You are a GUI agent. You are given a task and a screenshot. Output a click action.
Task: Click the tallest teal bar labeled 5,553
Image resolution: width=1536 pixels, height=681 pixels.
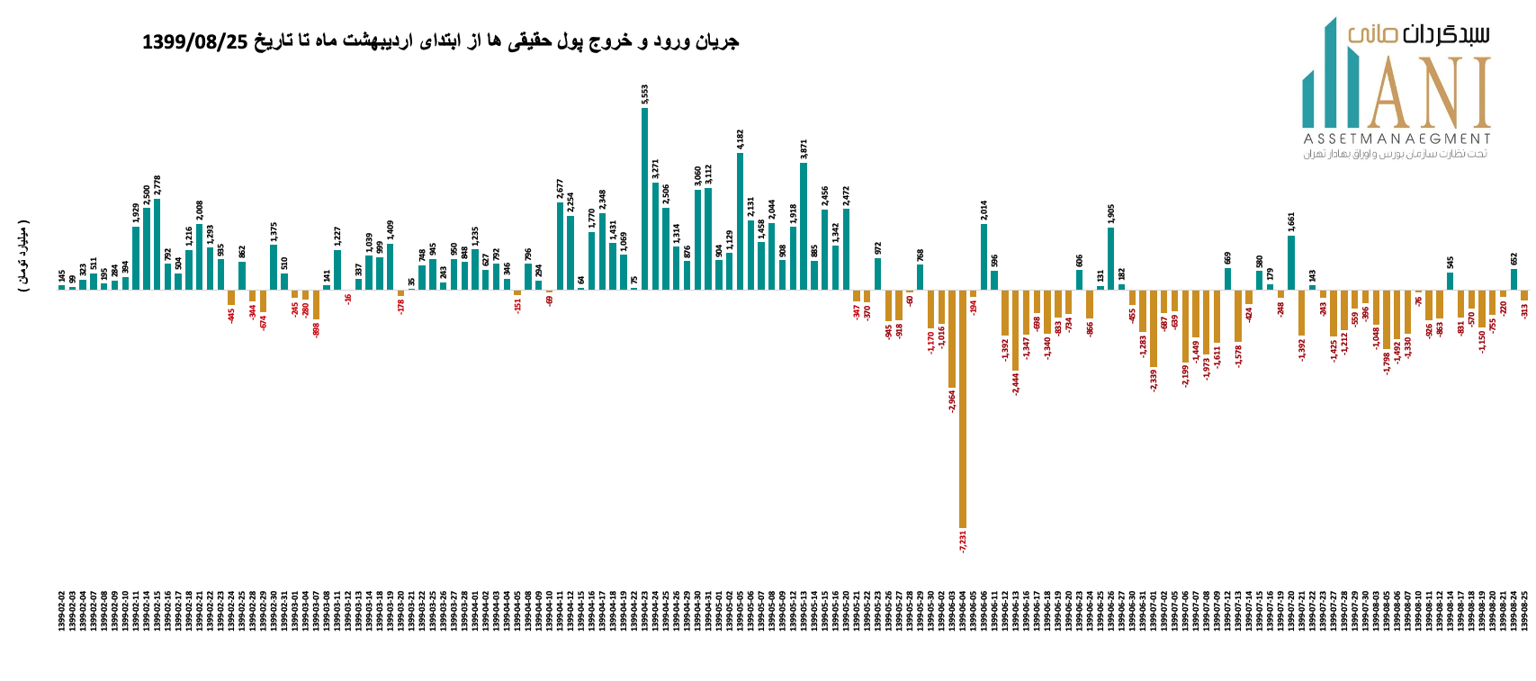tap(644, 198)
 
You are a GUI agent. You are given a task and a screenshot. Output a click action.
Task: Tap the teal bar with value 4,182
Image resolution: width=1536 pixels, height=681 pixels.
tap(740, 221)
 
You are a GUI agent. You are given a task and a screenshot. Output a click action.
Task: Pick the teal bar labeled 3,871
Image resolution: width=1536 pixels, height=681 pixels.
tap(804, 226)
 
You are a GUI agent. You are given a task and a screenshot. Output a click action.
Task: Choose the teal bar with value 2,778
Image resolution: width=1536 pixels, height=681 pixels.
tap(157, 244)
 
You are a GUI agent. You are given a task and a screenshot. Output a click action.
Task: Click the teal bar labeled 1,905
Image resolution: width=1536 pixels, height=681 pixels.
tap(1111, 258)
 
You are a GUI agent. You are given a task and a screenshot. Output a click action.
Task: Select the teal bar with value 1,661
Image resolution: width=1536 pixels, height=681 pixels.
tap(1291, 262)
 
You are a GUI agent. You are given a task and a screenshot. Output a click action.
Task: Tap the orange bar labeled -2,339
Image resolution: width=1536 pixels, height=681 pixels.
tap(1154, 328)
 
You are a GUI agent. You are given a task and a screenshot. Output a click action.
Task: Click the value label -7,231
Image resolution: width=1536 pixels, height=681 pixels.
tap(963, 542)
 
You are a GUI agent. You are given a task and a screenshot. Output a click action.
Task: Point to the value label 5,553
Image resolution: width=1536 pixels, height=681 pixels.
tap(645, 94)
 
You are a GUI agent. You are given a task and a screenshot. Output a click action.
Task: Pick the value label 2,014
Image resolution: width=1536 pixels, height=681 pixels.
tap(984, 211)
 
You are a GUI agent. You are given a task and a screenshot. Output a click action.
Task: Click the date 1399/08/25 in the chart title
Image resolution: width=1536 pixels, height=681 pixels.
tap(194, 41)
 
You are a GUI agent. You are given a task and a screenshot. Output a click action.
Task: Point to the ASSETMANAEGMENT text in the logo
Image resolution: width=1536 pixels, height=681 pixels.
tap(1397, 139)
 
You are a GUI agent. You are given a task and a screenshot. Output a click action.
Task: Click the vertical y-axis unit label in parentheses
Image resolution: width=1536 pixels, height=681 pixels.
tap(23, 255)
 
